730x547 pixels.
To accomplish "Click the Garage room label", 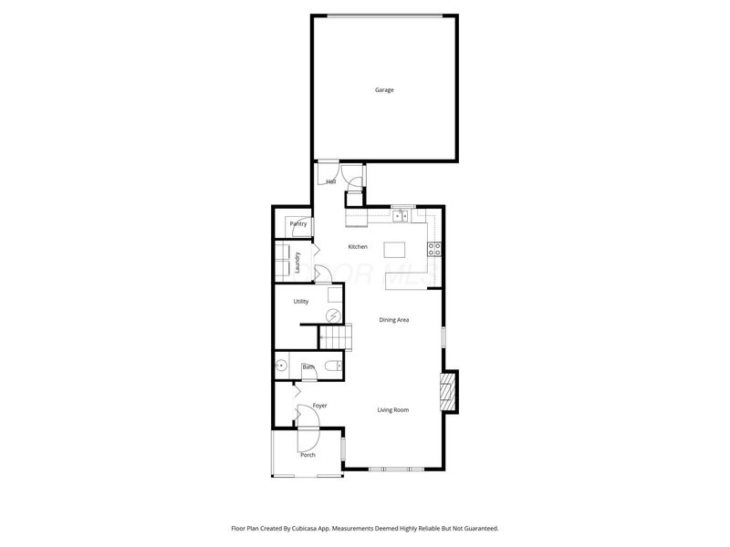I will [384, 90].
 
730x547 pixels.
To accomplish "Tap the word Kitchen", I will [358, 247].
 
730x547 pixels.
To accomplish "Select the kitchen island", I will [394, 250].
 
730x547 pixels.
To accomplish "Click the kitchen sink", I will [400, 217].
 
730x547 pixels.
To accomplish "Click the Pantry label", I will [297, 223].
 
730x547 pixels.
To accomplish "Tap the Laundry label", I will [298, 263].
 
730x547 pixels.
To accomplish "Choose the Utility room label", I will [300, 301].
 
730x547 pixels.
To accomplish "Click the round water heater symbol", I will [334, 315].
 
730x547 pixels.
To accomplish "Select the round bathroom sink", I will [282, 366].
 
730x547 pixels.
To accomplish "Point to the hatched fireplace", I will [447, 389].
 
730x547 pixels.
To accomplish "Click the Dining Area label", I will [394, 319].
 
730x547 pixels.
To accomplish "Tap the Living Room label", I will [393, 410].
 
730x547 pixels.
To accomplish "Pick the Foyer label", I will [319, 405].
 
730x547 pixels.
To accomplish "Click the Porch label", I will [308, 454].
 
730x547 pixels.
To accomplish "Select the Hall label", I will [331, 182].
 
